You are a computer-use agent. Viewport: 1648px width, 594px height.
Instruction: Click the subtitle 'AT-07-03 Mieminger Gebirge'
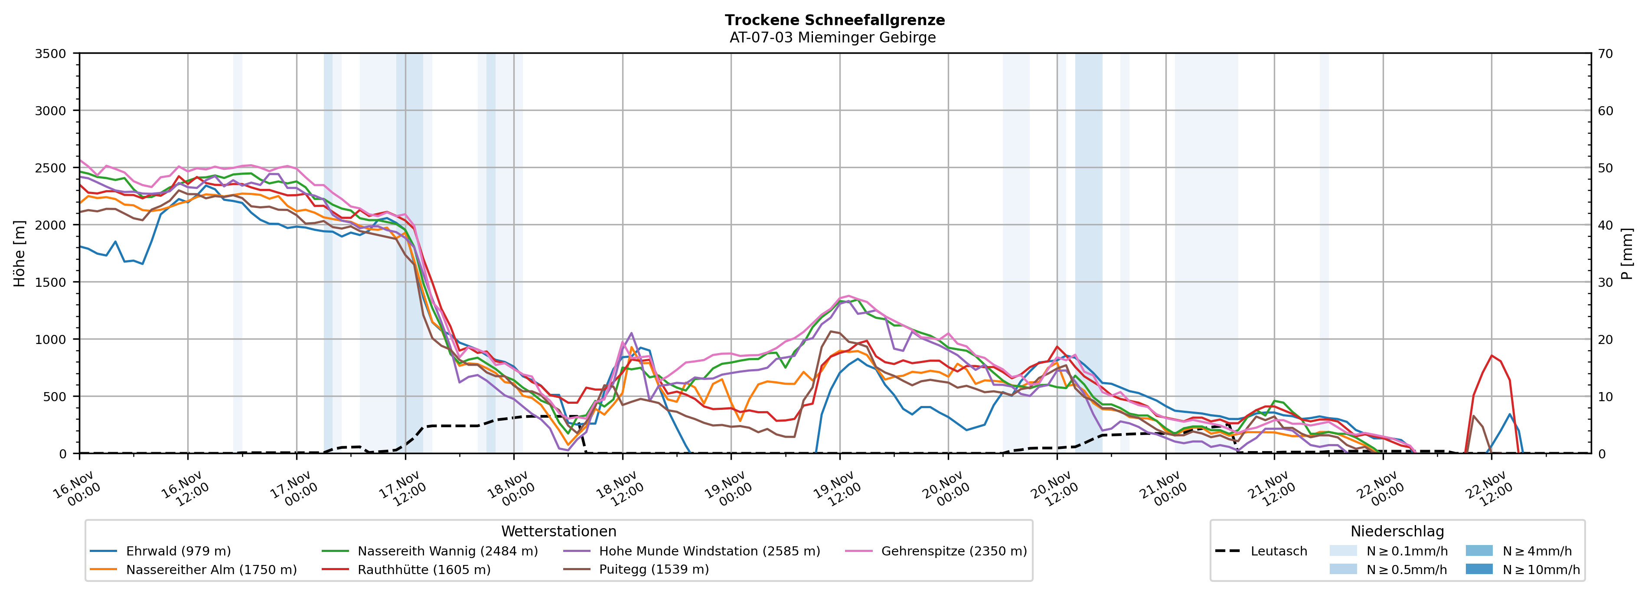click(x=832, y=38)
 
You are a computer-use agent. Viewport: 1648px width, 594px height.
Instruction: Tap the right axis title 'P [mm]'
click(x=1627, y=253)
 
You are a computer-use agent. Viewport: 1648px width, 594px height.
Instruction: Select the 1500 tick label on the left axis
click(x=50, y=282)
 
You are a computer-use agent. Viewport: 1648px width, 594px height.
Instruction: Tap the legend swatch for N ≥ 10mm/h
click(x=1478, y=569)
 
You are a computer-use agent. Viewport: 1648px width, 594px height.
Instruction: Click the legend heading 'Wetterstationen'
click(x=558, y=531)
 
